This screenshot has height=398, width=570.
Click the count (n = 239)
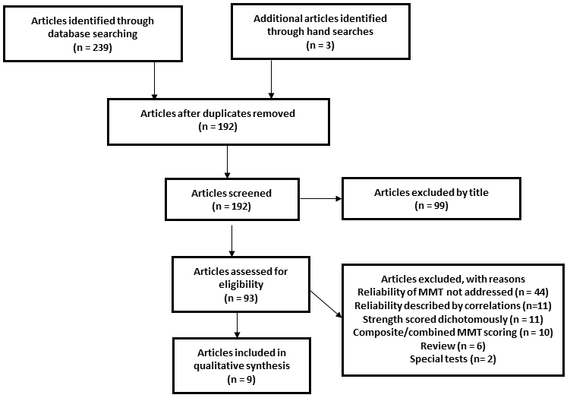pos(93,48)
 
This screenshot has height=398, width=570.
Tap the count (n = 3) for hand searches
pos(320,46)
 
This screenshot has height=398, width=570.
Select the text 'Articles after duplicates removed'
pos(218,113)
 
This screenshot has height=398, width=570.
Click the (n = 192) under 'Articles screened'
pos(231,207)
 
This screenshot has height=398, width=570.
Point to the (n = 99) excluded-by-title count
pos(432,206)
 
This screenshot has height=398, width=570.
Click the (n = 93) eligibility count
pos(241,298)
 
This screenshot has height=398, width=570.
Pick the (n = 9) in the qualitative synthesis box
pos(241,380)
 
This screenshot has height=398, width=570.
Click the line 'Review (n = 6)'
pos(453,346)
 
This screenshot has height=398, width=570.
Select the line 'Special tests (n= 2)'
pos(453,359)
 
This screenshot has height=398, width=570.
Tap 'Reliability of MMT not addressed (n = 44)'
pos(453,292)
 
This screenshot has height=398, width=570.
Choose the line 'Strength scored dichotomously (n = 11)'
pos(453,320)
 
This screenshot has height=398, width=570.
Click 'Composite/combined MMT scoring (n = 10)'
pos(453,333)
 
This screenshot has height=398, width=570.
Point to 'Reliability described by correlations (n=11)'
pos(453,305)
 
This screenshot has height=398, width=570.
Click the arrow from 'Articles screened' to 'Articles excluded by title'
pos(320,199)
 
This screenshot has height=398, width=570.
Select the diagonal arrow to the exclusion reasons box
pos(326,304)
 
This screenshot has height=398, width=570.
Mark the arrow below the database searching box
pos(155,80)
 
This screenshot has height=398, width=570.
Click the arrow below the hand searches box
pos(271,78)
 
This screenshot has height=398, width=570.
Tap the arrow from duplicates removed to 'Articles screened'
pos(227,162)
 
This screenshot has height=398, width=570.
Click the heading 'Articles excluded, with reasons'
pos(453,279)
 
